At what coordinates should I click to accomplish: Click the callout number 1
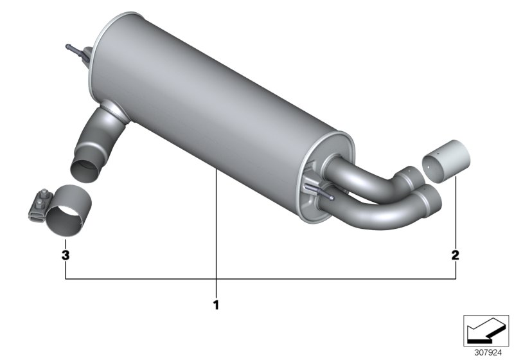pyautogui.click(x=216, y=305)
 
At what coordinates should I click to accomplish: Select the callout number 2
pyautogui.click(x=456, y=255)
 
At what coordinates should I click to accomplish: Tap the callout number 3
pyautogui.click(x=66, y=255)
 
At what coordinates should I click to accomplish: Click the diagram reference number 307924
pyautogui.click(x=488, y=353)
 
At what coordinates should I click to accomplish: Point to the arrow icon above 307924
pyautogui.click(x=486, y=330)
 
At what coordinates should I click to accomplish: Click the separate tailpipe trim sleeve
pyautogui.click(x=446, y=161)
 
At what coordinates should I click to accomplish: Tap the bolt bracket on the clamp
pyautogui.click(x=40, y=205)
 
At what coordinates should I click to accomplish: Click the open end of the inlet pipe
pyautogui.click(x=85, y=170)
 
